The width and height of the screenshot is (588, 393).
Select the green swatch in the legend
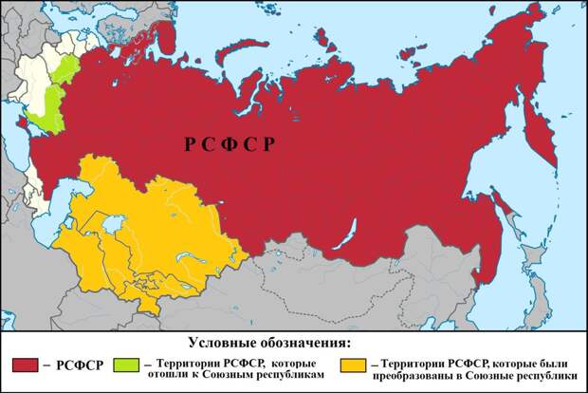126,364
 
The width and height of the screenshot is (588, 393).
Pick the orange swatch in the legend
352,364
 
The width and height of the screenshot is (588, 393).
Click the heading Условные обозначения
270,341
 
